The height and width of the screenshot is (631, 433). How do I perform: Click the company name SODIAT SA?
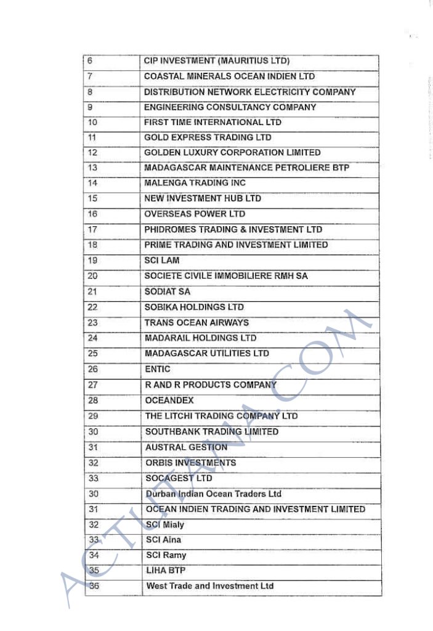click(x=168, y=291)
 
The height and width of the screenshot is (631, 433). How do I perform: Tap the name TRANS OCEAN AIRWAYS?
click(x=196, y=322)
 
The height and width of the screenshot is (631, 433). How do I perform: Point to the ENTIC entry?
click(x=158, y=369)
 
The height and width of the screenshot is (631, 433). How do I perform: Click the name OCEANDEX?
click(x=169, y=400)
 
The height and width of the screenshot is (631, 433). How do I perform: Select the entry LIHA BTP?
click(x=166, y=571)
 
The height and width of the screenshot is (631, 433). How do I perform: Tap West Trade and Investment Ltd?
click(x=210, y=586)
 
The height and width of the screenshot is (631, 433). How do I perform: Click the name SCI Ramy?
click(x=166, y=555)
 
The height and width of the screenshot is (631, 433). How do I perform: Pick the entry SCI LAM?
click(x=162, y=260)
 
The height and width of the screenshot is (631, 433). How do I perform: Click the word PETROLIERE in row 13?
click(x=302, y=168)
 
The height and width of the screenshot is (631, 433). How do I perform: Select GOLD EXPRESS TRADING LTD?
click(x=208, y=137)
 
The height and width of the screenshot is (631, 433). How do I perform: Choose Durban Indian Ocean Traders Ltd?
click(x=213, y=494)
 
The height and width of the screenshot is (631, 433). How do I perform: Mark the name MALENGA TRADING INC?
click(x=195, y=183)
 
